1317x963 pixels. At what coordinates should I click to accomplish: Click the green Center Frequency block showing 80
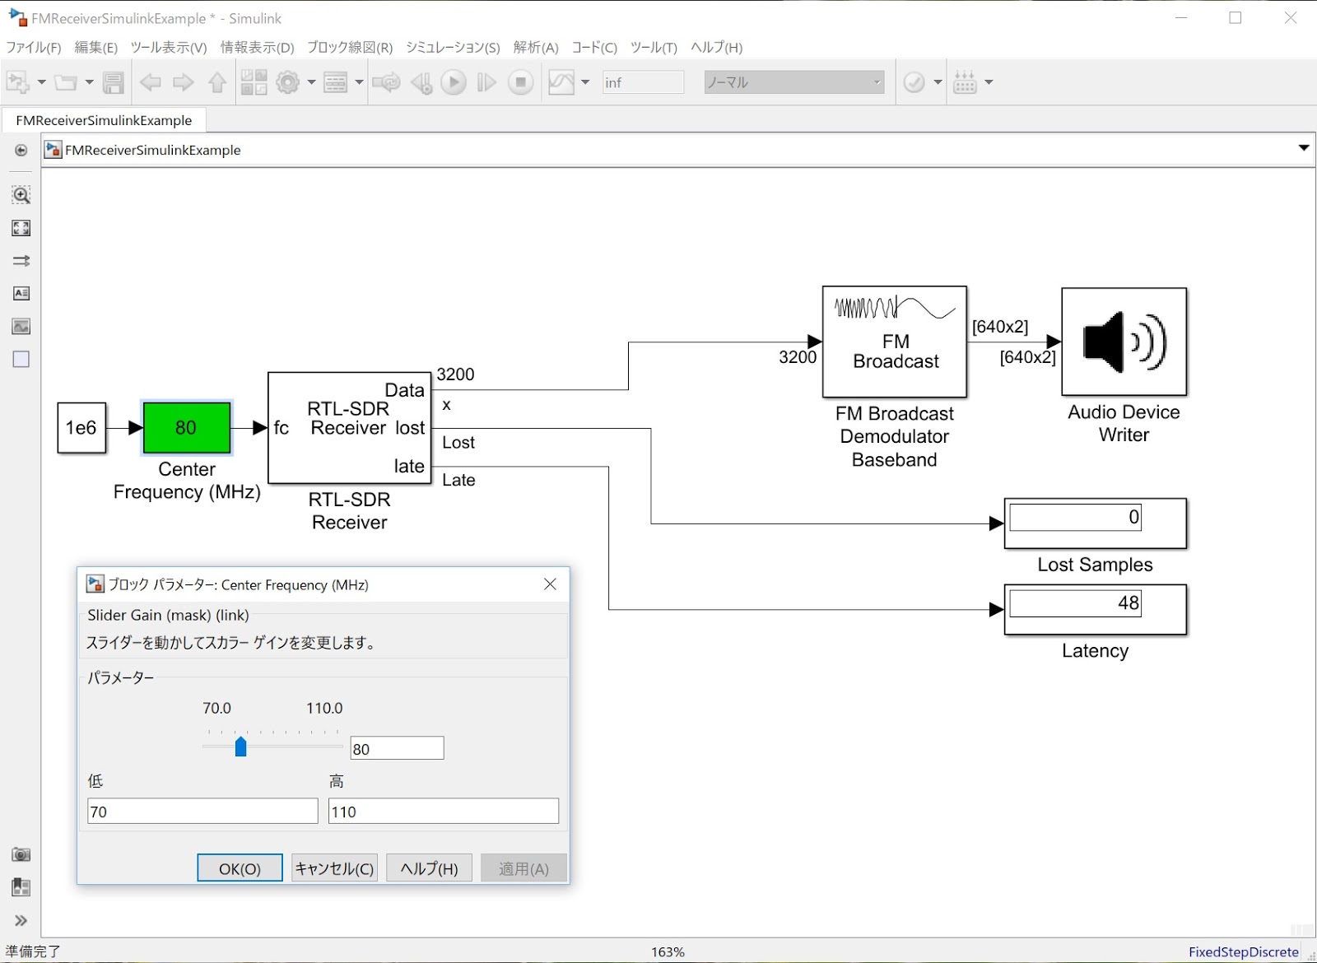[x=186, y=428]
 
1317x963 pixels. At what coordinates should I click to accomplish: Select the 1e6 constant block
[x=81, y=428]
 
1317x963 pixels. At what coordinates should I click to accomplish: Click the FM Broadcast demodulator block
[x=895, y=342]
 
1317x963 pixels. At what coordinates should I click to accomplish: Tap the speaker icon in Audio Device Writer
[x=1124, y=342]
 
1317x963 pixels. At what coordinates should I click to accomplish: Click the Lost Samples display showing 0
[x=1095, y=523]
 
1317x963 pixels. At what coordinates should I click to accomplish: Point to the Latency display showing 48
[x=1095, y=609]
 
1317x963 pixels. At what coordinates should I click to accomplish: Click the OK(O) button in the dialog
[x=240, y=868]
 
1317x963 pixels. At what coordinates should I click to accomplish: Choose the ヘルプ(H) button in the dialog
[x=429, y=868]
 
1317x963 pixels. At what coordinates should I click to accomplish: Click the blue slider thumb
[x=240, y=747]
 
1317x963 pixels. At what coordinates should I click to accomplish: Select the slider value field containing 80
[x=397, y=748]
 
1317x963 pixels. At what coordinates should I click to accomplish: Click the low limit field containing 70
[x=202, y=812]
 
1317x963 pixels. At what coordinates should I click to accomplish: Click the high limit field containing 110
[x=443, y=812]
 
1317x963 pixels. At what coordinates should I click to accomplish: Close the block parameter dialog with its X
[x=550, y=584]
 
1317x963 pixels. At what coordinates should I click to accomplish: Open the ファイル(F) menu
[x=34, y=48]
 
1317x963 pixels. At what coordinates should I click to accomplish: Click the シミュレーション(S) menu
[x=453, y=48]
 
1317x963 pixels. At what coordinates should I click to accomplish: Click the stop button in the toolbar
[x=520, y=82]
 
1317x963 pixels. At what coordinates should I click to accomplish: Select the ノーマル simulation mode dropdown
[x=793, y=82]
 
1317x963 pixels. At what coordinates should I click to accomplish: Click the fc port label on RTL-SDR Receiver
[x=282, y=428]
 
